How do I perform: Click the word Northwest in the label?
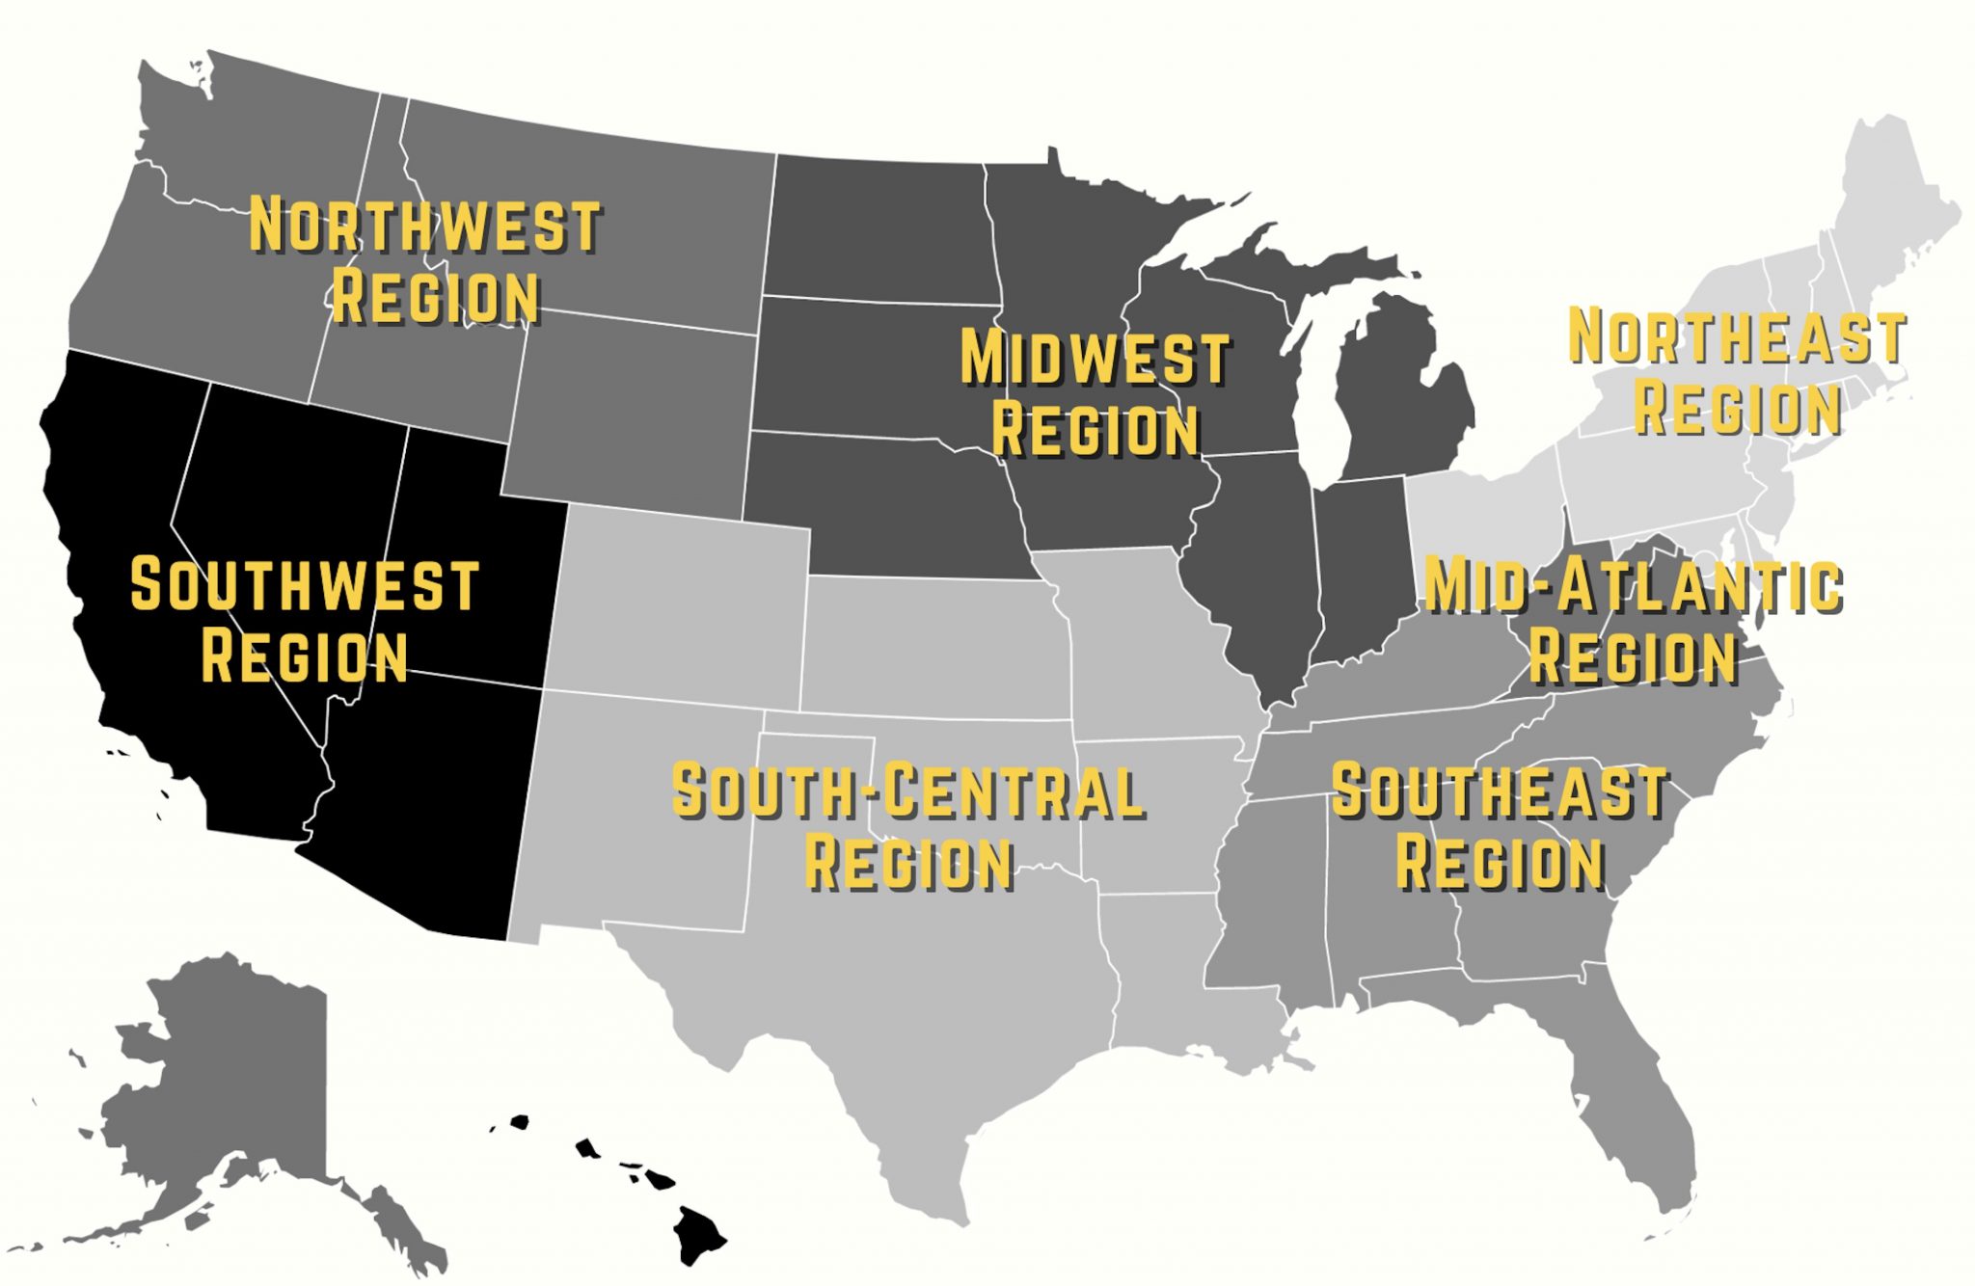[424, 227]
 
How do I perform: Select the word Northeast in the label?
[1737, 336]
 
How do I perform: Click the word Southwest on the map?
[305, 585]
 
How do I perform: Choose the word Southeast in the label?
[1500, 791]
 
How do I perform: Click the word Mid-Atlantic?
[1634, 585]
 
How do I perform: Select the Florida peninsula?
[1630, 1109]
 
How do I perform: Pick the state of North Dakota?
[878, 227]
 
